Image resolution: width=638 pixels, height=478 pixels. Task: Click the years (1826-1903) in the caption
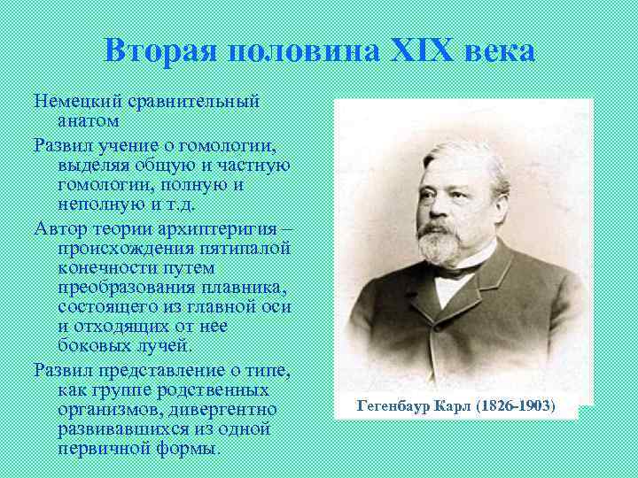(516, 405)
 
